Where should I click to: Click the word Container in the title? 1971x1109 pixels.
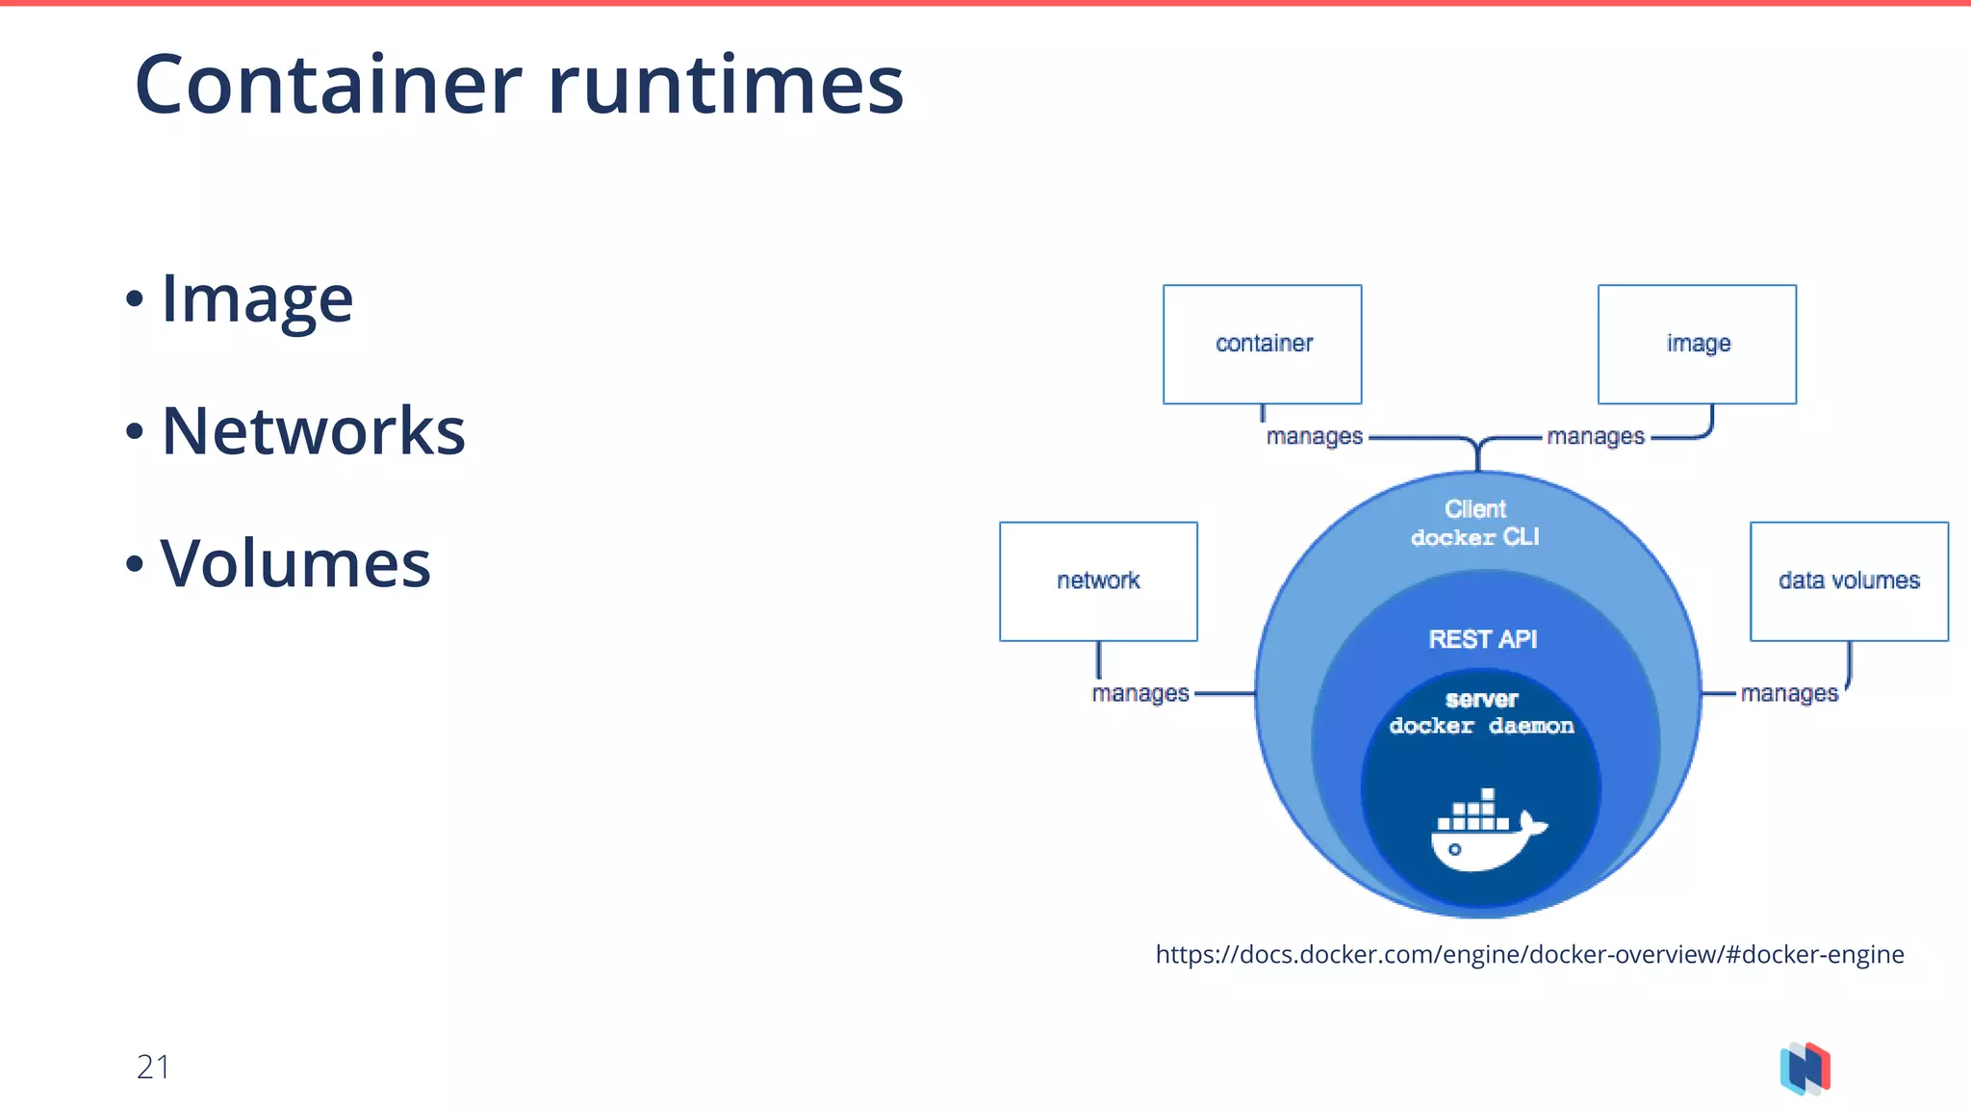[328, 85]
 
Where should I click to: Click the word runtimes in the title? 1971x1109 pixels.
[726, 85]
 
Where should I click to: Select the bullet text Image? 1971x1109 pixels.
[257, 298]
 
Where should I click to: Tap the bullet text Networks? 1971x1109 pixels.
[313, 430]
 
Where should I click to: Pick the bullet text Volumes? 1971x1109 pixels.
[295, 563]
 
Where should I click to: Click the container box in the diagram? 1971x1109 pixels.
[1262, 344]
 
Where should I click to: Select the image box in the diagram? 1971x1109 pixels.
[1697, 344]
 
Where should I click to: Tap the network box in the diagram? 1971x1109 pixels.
[1098, 580]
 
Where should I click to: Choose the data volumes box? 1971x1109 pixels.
[1849, 580]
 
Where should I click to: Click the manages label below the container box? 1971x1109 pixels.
[1315, 437]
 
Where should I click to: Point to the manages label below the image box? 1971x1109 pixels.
[1596, 437]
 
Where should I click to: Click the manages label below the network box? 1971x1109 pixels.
[1140, 693]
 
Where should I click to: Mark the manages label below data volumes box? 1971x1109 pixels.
[1789, 693]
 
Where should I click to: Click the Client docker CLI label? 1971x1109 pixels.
[1475, 523]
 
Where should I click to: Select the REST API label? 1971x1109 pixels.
[1482, 639]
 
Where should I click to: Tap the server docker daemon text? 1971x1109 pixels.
[1481, 712]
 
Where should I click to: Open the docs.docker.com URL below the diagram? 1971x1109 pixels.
[1529, 954]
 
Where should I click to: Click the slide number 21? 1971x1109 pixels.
[153, 1067]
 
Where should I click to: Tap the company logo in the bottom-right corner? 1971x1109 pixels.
[1805, 1069]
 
